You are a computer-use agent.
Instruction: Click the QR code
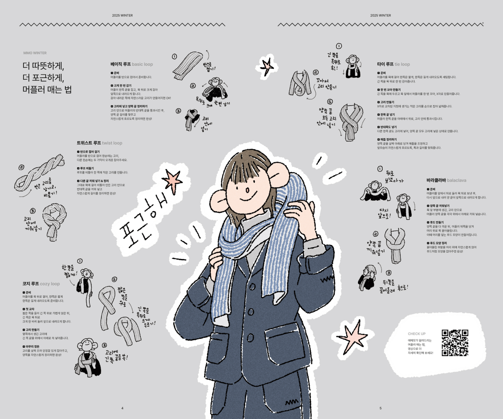[x=455, y=342]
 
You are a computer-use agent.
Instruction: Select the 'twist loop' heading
[x=100, y=143]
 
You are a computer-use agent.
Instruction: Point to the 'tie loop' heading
[x=394, y=64]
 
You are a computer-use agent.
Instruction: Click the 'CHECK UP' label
[x=417, y=334]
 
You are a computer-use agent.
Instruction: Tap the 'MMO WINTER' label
[x=35, y=53]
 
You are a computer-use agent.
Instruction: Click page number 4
[x=122, y=408]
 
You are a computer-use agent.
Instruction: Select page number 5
[x=381, y=408]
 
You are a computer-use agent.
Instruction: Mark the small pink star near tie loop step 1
[x=267, y=65]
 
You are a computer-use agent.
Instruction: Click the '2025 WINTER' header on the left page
[x=122, y=15]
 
